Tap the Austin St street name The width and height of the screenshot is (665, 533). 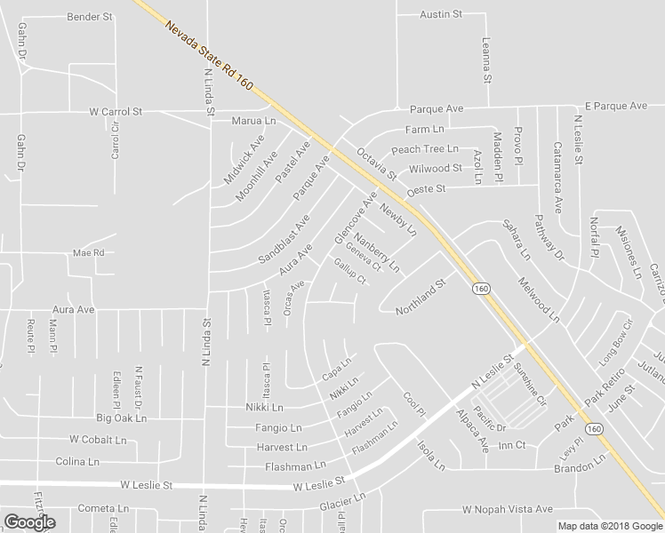(x=442, y=15)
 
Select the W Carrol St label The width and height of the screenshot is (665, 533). (x=116, y=113)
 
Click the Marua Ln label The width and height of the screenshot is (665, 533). (x=253, y=121)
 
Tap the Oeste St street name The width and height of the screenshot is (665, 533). (x=424, y=190)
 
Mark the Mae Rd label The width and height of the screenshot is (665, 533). (x=89, y=252)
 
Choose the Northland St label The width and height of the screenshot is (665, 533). (x=420, y=297)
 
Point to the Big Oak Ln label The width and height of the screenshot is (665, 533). (x=120, y=418)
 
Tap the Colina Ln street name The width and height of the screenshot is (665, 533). (x=77, y=462)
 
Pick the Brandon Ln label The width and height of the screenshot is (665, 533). (x=580, y=465)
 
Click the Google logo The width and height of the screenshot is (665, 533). (x=29, y=522)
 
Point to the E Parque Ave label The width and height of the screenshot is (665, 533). (x=615, y=106)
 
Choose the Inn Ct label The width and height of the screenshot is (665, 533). (x=513, y=444)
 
